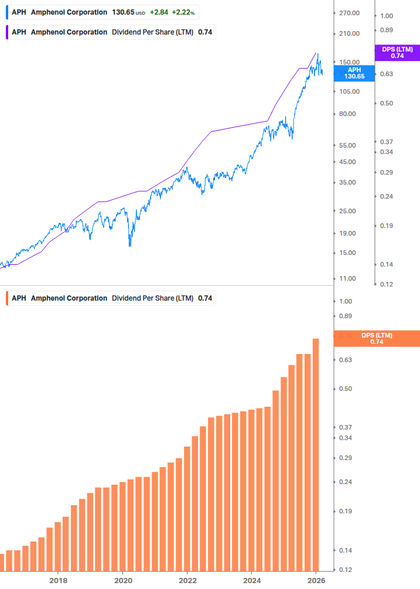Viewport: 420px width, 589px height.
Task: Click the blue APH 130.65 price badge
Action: tap(354, 73)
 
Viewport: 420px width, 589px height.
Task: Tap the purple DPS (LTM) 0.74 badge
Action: tap(397, 53)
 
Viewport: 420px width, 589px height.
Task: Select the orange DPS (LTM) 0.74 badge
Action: tap(376, 339)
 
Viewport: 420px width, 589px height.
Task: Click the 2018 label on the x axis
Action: tap(58, 580)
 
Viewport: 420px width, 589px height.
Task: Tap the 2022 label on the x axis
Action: tap(187, 580)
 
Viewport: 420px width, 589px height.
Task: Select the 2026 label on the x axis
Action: tap(316, 580)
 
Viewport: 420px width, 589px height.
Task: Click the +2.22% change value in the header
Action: tap(183, 12)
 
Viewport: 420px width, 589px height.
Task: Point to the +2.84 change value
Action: tap(158, 12)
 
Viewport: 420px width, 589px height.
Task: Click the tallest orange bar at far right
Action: tap(316, 454)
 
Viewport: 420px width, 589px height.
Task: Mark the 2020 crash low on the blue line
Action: tap(129, 246)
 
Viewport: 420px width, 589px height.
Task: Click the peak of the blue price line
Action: tap(317, 54)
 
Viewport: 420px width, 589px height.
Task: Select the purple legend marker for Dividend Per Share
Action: tap(7, 32)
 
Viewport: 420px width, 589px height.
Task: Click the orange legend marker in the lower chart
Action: tap(7, 298)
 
